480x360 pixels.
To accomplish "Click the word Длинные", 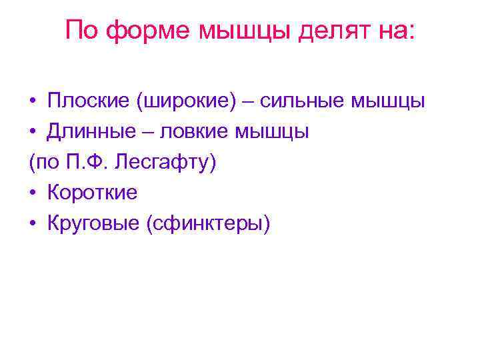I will [92, 132].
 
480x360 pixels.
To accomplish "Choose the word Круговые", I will [93, 224].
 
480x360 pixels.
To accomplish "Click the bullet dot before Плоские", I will [33, 102].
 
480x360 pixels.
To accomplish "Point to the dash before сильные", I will [252, 102].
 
